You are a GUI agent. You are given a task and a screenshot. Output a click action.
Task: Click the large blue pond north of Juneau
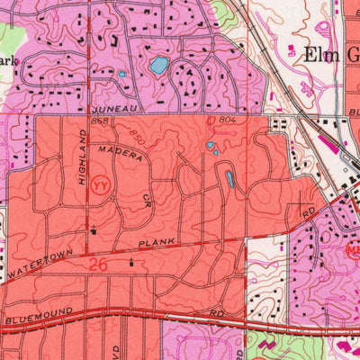click(159, 66)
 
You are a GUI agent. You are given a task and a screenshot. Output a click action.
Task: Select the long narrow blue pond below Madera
click(229, 180)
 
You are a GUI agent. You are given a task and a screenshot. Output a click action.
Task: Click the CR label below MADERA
click(147, 199)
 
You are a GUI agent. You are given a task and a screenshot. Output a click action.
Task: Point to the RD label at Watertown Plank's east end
click(308, 212)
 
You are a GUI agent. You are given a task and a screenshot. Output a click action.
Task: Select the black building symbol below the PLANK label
click(132, 263)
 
